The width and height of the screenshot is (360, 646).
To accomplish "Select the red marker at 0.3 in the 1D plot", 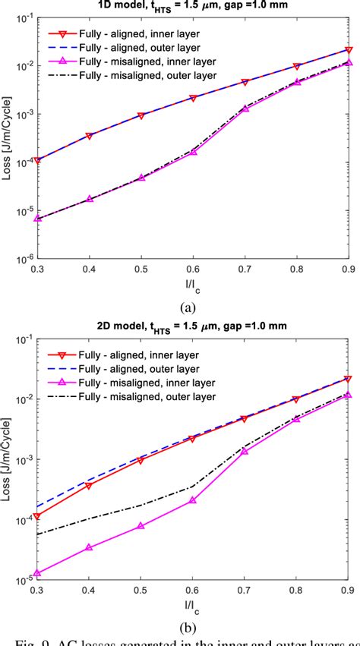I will (36, 160).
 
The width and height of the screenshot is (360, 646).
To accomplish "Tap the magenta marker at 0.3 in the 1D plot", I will (36, 218).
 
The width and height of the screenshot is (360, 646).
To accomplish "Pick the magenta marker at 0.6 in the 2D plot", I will (193, 499).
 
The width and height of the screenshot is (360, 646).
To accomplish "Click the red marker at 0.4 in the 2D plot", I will (89, 485).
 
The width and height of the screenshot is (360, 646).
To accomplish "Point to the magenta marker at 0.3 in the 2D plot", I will (36, 574).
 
